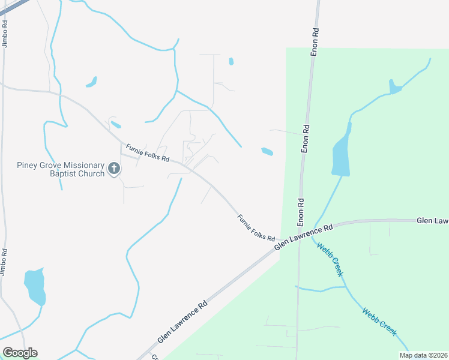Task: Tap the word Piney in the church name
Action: click(x=28, y=165)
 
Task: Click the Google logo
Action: click(x=20, y=353)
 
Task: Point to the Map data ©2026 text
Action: click(x=423, y=355)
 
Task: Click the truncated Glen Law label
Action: click(x=432, y=221)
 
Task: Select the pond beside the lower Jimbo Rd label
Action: click(x=34, y=287)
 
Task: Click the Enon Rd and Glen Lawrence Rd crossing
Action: click(x=299, y=231)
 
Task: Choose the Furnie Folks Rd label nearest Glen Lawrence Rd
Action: click(x=256, y=228)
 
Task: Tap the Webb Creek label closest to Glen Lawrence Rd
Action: click(x=330, y=259)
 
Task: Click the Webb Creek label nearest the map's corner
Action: click(x=379, y=322)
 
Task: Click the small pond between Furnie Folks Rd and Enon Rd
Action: click(x=267, y=151)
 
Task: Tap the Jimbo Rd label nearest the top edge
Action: click(x=5, y=34)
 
